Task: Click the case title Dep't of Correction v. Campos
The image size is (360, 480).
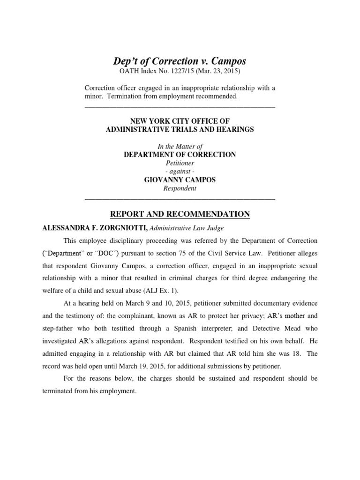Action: click(x=180, y=61)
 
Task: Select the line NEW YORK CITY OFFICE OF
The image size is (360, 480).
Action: click(x=180, y=121)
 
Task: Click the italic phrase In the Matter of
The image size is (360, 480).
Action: click(x=180, y=146)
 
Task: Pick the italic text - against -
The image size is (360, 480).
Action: click(x=180, y=172)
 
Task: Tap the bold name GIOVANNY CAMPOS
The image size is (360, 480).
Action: click(x=180, y=180)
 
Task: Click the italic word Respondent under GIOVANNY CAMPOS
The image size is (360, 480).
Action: click(x=180, y=188)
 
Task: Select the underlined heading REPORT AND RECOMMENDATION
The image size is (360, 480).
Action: click(x=180, y=214)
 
